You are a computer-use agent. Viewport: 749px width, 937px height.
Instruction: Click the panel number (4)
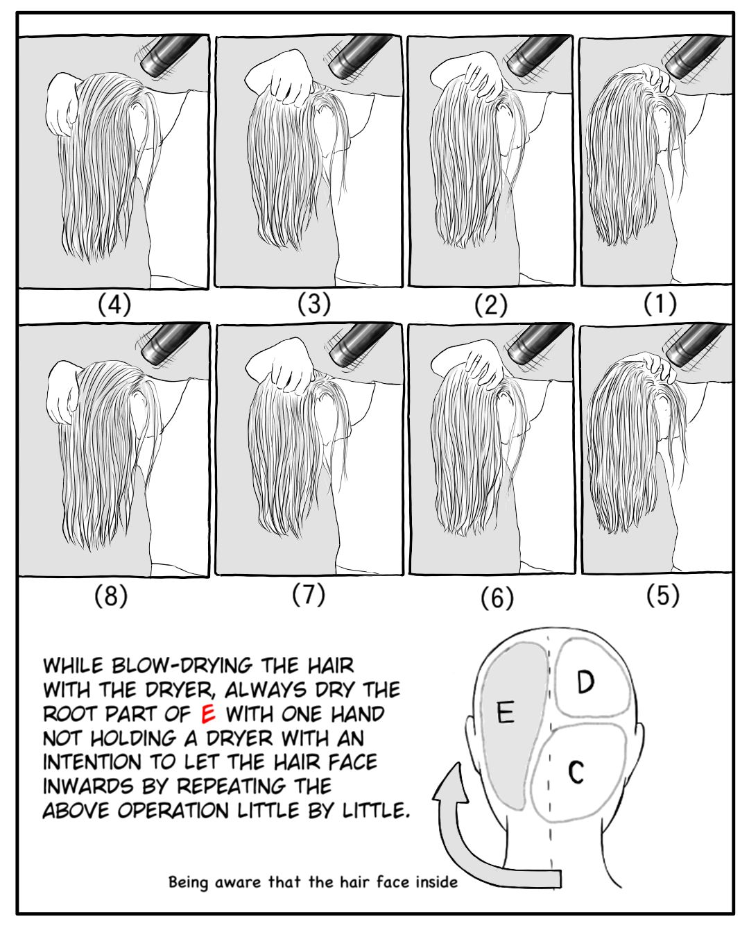pyautogui.click(x=114, y=304)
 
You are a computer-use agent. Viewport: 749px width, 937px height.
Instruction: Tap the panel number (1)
pyautogui.click(x=660, y=303)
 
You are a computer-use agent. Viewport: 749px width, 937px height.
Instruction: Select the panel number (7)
pyautogui.click(x=309, y=594)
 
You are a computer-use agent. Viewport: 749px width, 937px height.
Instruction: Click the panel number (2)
pyautogui.click(x=491, y=304)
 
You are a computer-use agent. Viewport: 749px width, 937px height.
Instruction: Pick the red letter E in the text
pyautogui.click(x=208, y=714)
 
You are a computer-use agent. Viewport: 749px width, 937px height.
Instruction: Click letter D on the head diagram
pyautogui.click(x=585, y=682)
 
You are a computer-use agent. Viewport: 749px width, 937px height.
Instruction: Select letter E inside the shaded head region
pyautogui.click(x=506, y=712)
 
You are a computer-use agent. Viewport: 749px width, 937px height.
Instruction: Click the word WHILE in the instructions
pyautogui.click(x=73, y=666)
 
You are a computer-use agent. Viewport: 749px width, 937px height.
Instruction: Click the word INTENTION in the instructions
pyautogui.click(x=92, y=762)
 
